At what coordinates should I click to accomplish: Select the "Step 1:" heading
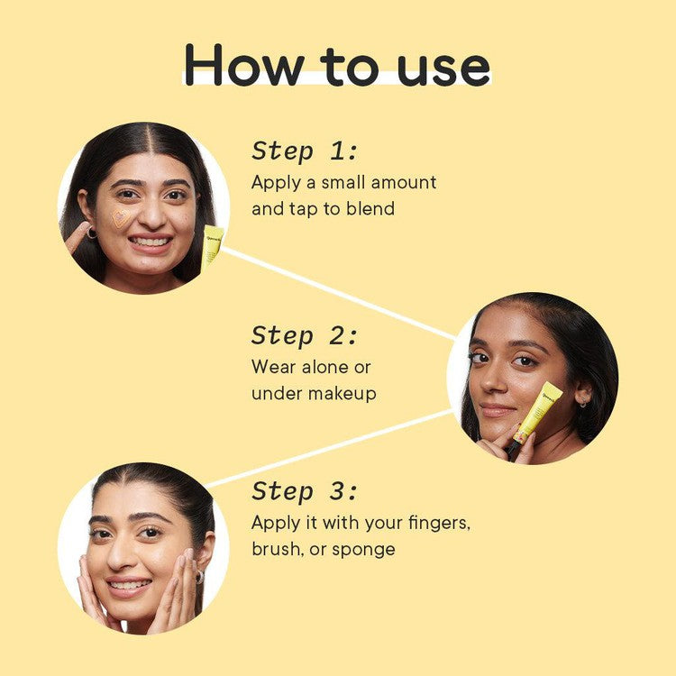click(x=304, y=151)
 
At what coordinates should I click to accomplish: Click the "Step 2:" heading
click(x=304, y=336)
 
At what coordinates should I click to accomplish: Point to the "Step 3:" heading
click(x=304, y=492)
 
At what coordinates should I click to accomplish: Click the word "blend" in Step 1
click(x=370, y=208)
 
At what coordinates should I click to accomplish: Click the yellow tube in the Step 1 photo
click(x=212, y=246)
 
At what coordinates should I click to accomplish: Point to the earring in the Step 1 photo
click(x=92, y=233)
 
